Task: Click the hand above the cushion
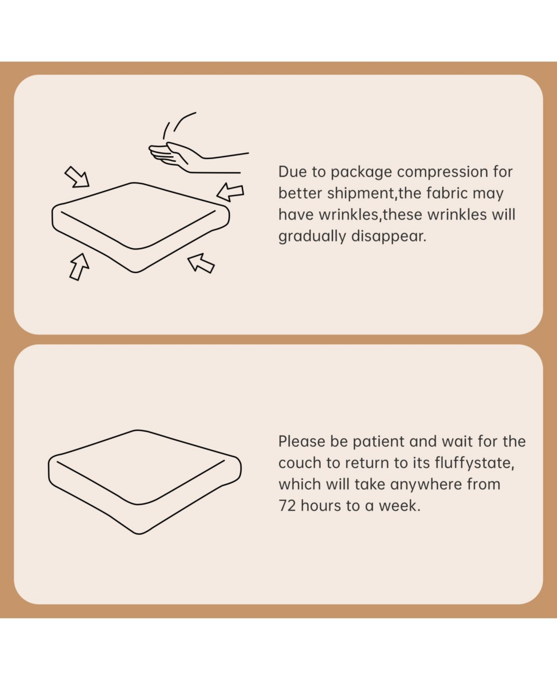pyautogui.click(x=194, y=158)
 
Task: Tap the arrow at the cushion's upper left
pyautogui.click(x=78, y=177)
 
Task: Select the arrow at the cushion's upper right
pyautogui.click(x=230, y=192)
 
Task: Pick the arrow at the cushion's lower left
pyautogui.click(x=79, y=267)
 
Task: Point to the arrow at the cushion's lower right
pyautogui.click(x=201, y=263)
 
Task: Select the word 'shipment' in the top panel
pyautogui.click(x=361, y=194)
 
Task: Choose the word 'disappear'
pyautogui.click(x=389, y=237)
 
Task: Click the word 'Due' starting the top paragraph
pyautogui.click(x=292, y=172)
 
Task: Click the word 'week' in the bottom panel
pyautogui.click(x=400, y=506)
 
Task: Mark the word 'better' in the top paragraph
pyautogui.click(x=300, y=193)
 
